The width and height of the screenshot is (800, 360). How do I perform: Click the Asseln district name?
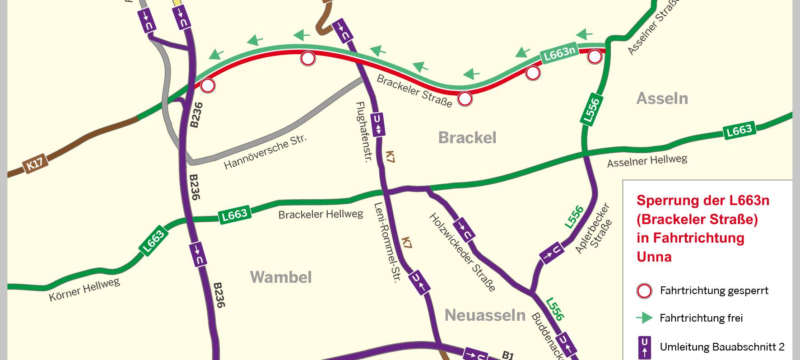[662, 98]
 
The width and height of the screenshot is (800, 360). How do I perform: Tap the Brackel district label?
[467, 138]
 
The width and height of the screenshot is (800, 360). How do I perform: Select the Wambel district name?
[281, 277]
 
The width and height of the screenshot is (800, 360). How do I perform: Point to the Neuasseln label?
[485, 315]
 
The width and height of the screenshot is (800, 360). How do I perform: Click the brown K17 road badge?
[35, 164]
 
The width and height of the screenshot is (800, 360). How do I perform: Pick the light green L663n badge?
[560, 53]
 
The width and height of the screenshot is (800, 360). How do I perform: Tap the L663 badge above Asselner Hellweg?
[739, 131]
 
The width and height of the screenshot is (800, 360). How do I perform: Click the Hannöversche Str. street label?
[265, 151]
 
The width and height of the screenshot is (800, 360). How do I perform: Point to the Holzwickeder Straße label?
[462, 252]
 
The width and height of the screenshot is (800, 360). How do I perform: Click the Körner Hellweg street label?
[84, 290]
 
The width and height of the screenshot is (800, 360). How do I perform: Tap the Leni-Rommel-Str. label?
[388, 242]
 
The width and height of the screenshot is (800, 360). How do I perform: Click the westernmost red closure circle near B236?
[208, 85]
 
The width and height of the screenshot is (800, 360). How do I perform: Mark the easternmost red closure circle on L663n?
[595, 57]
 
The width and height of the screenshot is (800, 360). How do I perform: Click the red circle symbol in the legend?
[644, 291]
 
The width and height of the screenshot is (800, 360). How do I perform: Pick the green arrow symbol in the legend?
[644, 318]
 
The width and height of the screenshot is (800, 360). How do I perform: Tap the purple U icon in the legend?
[644, 347]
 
